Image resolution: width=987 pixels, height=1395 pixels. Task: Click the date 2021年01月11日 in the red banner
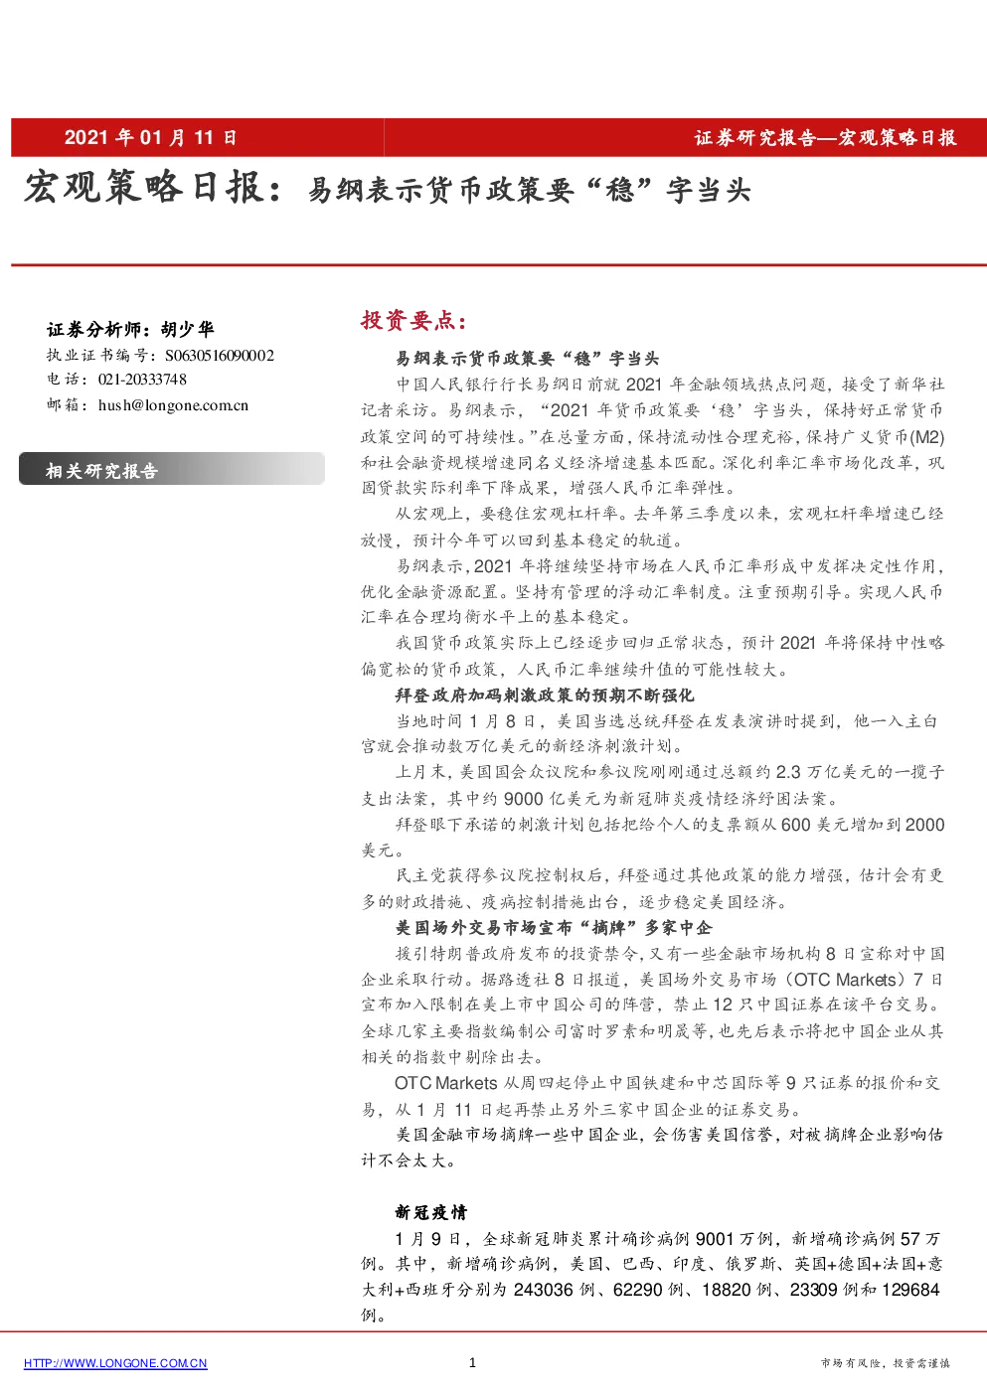(x=150, y=137)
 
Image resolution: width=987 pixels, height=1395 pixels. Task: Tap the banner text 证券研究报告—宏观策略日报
(x=826, y=138)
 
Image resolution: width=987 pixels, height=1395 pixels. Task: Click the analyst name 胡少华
(x=188, y=329)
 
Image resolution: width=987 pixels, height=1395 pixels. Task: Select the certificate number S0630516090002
(x=220, y=356)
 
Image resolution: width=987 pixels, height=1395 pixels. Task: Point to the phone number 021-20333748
(x=142, y=380)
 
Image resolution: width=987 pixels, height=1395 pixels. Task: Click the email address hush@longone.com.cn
(x=173, y=405)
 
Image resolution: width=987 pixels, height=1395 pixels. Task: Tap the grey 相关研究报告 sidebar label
(x=101, y=471)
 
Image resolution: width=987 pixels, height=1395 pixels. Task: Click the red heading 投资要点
(x=413, y=320)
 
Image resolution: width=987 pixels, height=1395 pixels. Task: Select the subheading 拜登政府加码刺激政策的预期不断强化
(x=545, y=695)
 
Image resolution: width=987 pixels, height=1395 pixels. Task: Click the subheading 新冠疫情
(x=430, y=1212)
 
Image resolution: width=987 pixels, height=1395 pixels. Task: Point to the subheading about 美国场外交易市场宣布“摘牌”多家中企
(x=554, y=928)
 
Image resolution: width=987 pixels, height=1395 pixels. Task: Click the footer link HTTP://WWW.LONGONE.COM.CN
(x=115, y=1363)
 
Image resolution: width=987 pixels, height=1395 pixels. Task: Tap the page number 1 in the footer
(x=472, y=1362)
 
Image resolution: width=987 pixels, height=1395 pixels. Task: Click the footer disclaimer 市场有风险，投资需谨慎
(x=886, y=1363)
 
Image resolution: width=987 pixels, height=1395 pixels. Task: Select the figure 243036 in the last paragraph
(x=543, y=1290)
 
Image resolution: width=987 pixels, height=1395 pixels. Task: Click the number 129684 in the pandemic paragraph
(x=911, y=1290)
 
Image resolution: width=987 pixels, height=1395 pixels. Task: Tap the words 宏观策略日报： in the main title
(x=153, y=188)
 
